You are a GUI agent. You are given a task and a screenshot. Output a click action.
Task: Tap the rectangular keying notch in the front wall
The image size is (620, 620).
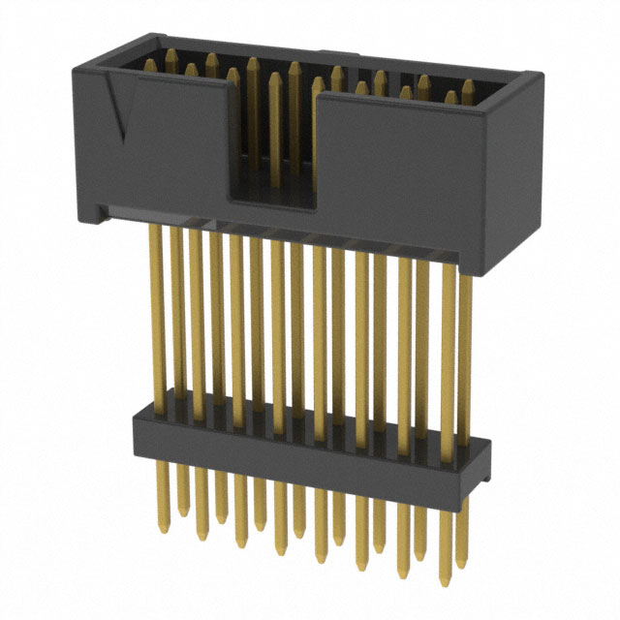[x=273, y=145]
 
